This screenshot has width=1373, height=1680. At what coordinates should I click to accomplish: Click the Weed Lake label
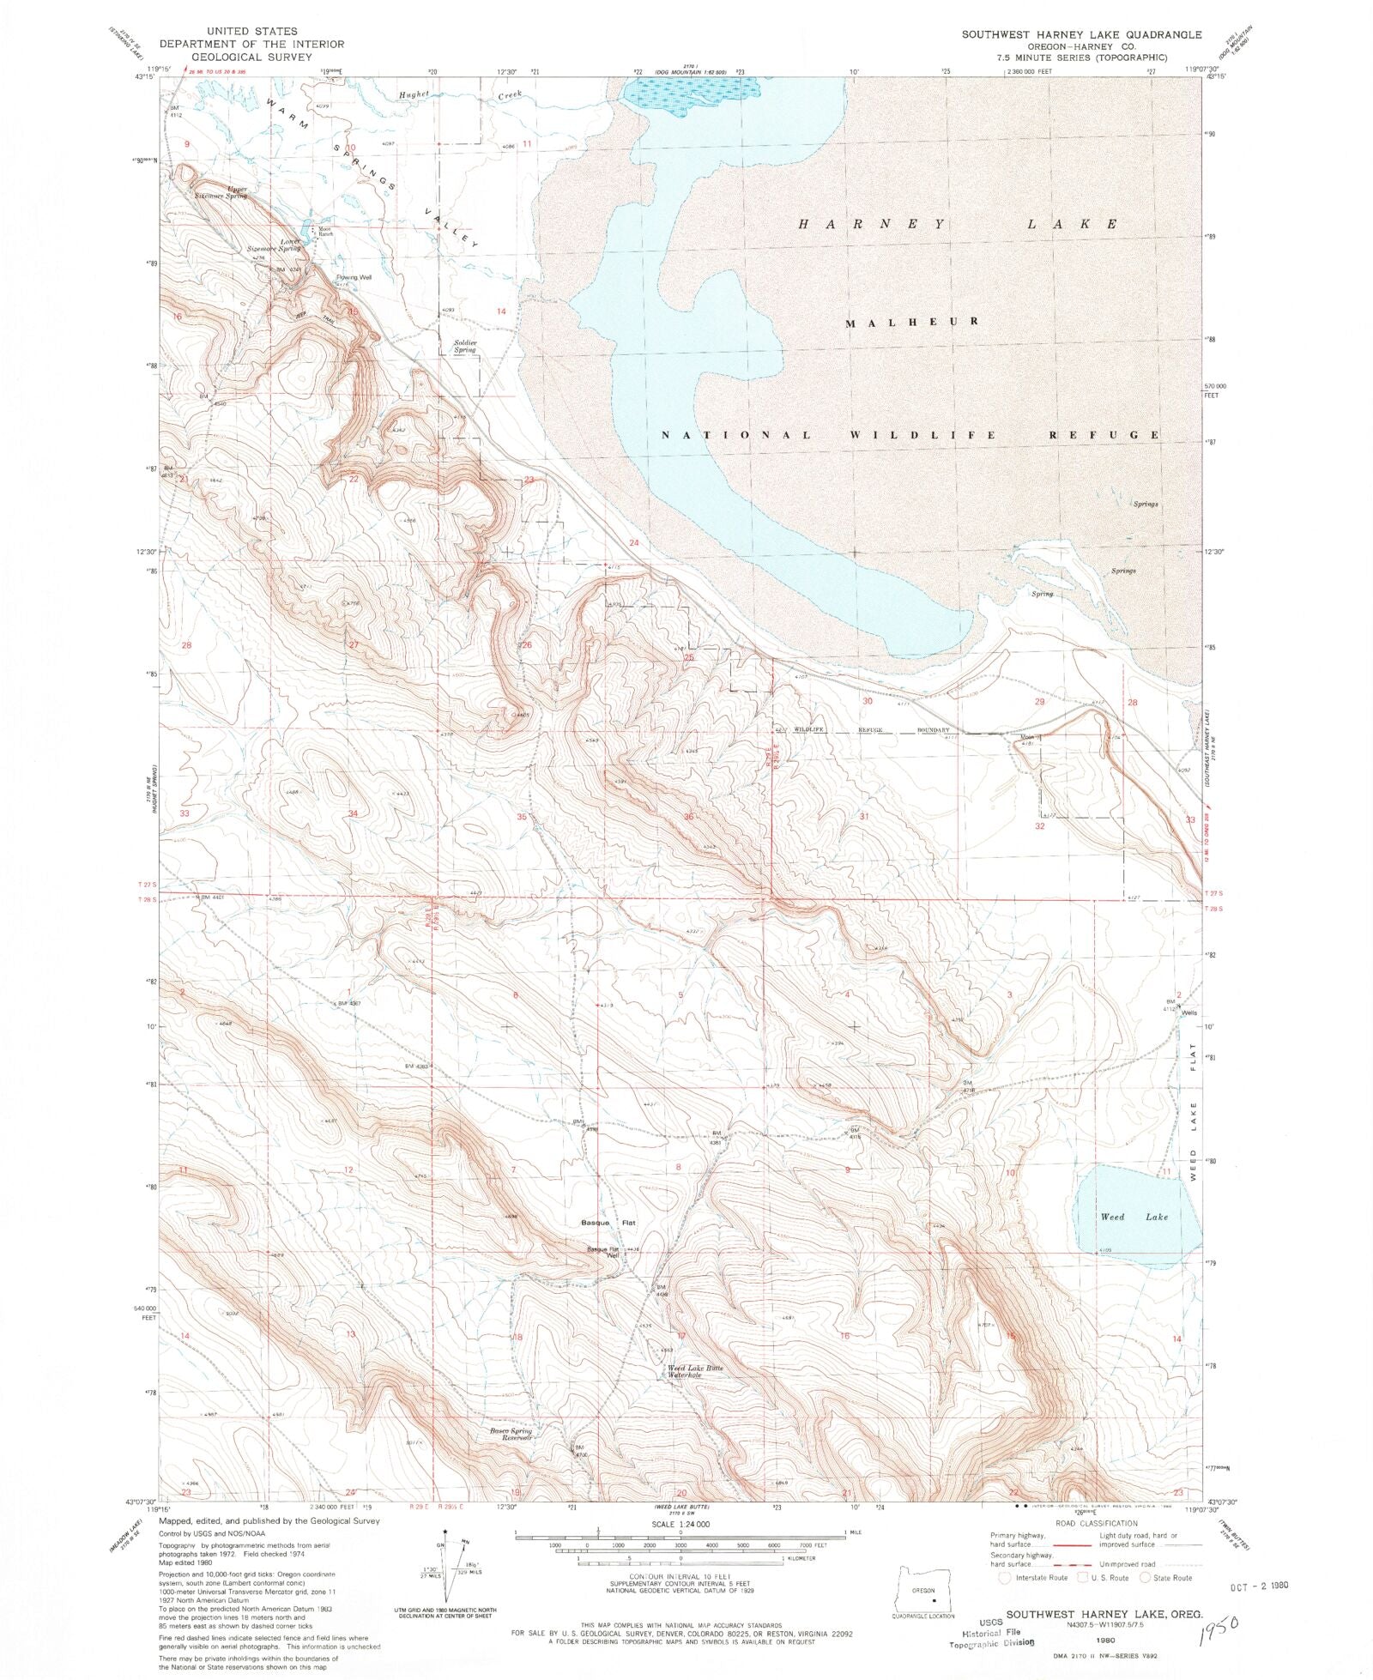tap(1134, 1217)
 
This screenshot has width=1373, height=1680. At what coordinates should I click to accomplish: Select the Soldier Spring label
tap(465, 346)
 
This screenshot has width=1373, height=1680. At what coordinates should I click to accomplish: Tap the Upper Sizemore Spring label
tap(226, 193)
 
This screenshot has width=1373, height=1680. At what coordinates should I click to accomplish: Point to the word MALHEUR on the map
tap(912, 322)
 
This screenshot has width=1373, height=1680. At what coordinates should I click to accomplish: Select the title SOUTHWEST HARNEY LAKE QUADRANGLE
tap(1080, 34)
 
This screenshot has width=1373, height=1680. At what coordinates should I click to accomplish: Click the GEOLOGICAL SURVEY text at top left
tap(234, 57)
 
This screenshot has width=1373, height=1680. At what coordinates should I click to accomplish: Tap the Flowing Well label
tap(354, 277)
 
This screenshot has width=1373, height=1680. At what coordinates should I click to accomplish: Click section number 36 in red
tap(688, 817)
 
